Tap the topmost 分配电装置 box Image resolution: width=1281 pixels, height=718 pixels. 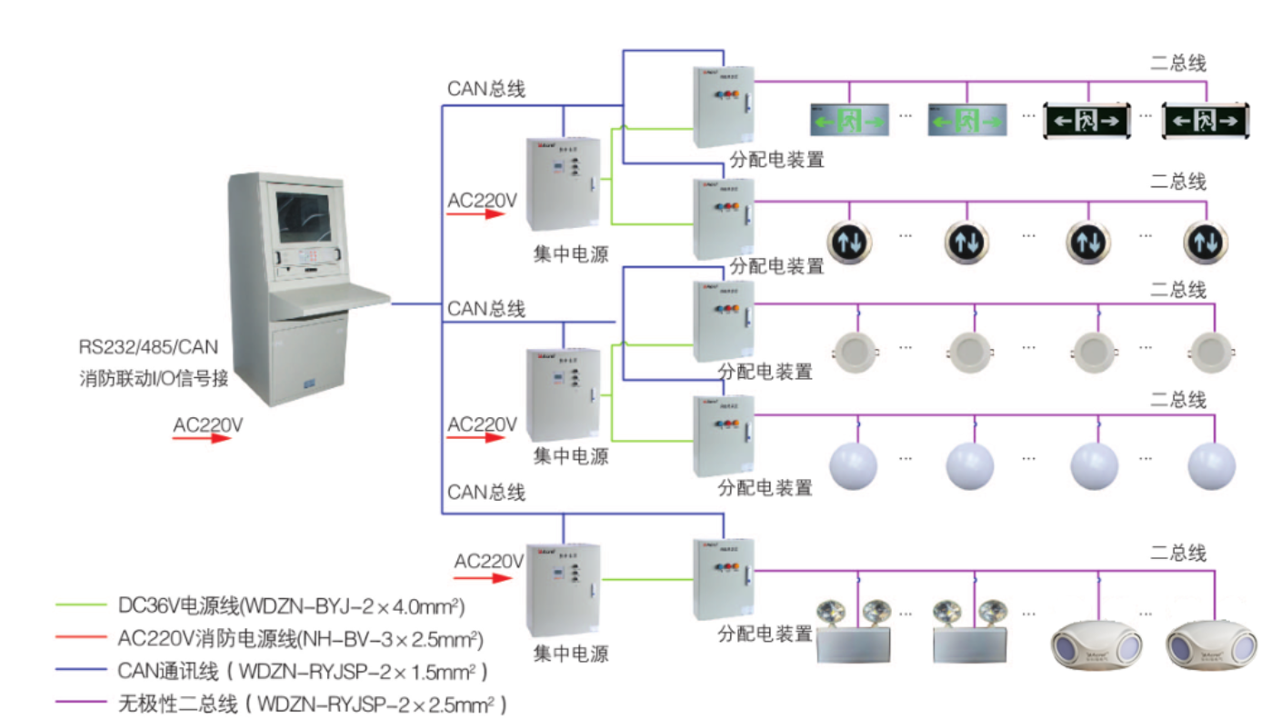(x=724, y=106)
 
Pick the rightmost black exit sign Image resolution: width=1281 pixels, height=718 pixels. (x=1205, y=120)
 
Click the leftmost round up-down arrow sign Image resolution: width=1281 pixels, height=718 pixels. (x=849, y=241)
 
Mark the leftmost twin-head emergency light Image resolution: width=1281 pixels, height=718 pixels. (x=852, y=632)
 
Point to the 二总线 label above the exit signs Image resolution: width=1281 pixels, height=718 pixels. (x=1178, y=63)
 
